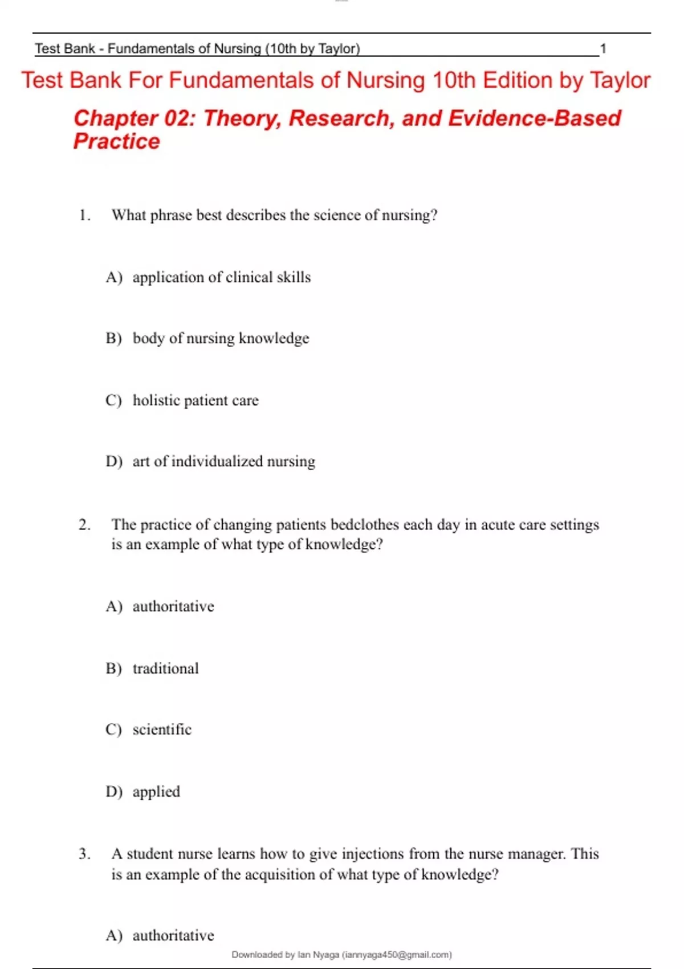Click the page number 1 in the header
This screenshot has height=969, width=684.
(x=602, y=49)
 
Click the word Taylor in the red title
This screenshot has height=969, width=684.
(x=620, y=80)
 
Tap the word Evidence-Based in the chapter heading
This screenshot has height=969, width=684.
(x=534, y=118)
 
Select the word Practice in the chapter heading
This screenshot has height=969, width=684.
(x=117, y=141)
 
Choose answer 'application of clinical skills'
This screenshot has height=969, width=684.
(x=221, y=278)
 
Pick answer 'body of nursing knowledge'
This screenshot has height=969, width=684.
(x=221, y=339)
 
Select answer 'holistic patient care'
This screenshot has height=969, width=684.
(x=196, y=400)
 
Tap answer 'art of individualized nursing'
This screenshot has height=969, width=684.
(x=223, y=461)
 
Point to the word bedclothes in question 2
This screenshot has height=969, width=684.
(x=364, y=524)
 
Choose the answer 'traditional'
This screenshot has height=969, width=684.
(x=165, y=668)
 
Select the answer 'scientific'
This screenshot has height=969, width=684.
(x=162, y=730)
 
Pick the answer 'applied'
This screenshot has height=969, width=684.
(x=156, y=792)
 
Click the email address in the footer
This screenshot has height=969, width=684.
(x=397, y=954)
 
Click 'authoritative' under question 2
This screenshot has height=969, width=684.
(x=173, y=606)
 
